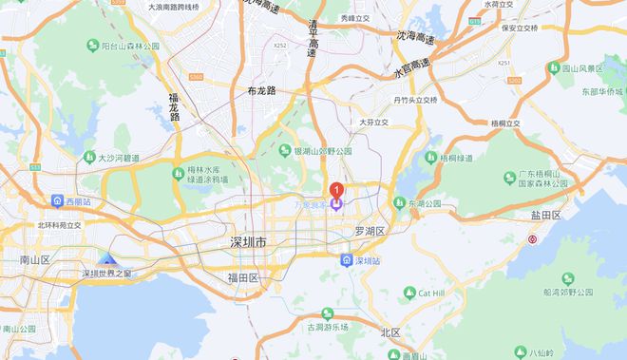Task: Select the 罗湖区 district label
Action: click(x=369, y=231)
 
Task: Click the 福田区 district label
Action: click(x=243, y=277)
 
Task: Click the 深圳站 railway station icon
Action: click(x=348, y=259)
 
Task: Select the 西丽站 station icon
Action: click(x=58, y=202)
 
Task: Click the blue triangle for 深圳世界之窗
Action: click(x=108, y=259)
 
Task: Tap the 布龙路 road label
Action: click(x=260, y=91)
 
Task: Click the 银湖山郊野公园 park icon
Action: click(x=284, y=151)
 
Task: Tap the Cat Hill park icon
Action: click(x=409, y=294)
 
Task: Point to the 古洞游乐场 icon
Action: click(x=327, y=313)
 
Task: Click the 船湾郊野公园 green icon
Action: click(x=568, y=278)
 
